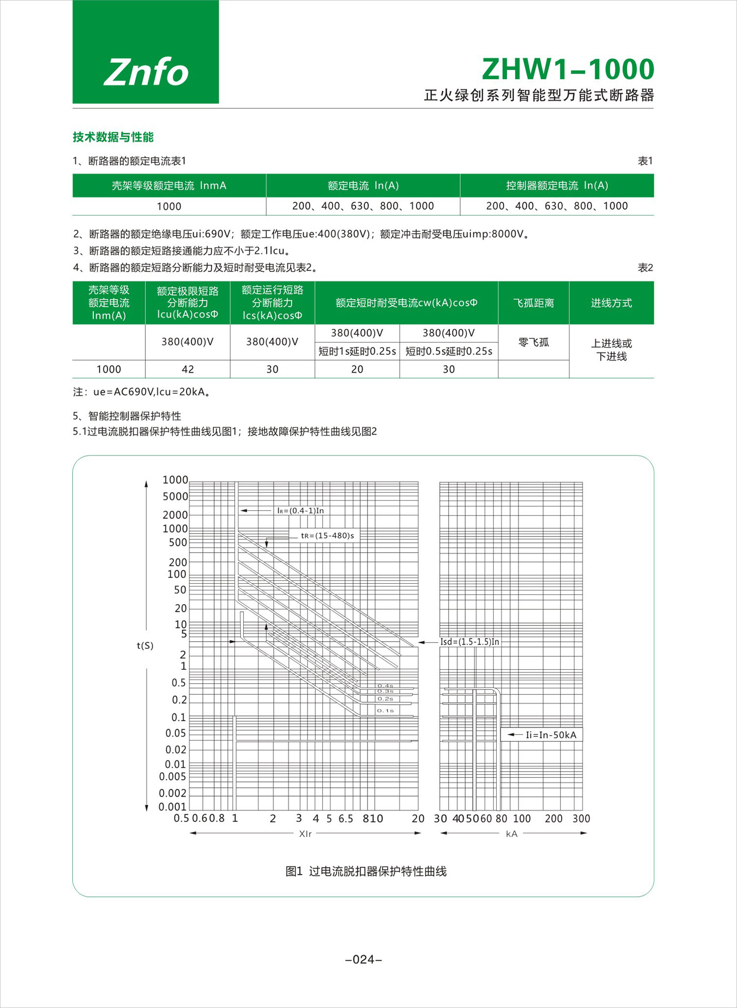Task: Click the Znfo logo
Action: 146,72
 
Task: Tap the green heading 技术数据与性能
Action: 113,137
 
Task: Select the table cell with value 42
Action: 188,369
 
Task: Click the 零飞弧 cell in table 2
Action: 534,342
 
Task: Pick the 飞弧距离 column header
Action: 534,303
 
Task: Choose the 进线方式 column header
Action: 611,303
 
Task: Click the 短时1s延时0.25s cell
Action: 357,351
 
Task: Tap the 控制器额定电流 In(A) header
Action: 557,185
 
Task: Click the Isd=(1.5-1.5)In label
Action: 469,642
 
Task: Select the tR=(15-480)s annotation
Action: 327,535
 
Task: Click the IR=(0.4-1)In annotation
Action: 300,510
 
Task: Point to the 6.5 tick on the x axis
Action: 345,819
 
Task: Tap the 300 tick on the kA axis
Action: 581,819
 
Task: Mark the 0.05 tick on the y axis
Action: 175,733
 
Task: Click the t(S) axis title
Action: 145,646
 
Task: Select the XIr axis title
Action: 305,834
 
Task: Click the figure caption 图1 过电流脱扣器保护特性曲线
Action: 366,872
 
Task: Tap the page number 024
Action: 364,959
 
